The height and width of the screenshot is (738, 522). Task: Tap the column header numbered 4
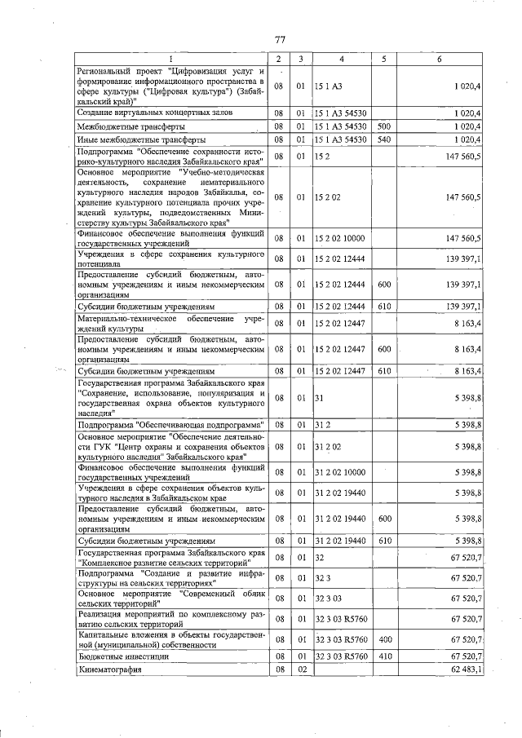342,60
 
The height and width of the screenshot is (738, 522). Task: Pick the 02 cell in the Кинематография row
301,670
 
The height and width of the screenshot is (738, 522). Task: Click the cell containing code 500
385,126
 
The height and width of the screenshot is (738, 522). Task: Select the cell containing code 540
385,140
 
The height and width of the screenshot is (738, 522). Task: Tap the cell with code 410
385,656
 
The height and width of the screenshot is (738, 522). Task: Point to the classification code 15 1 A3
330,86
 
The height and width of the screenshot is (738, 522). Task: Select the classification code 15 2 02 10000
339,238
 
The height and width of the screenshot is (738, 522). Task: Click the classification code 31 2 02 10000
339,471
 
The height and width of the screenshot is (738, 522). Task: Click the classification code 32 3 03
330,599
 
